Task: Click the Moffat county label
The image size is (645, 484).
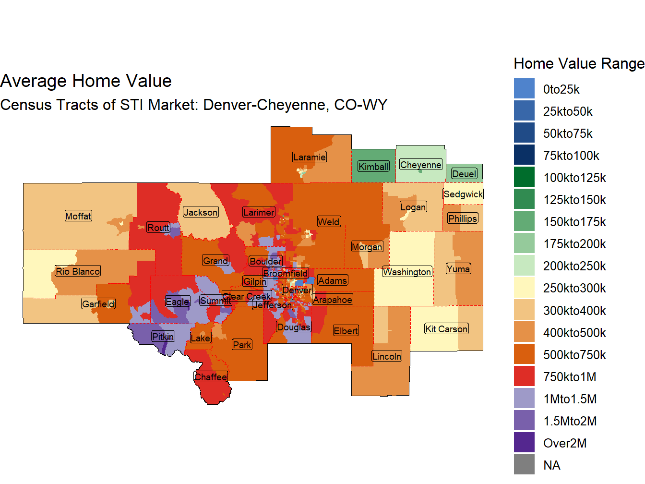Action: point(78,216)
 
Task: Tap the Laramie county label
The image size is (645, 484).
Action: point(310,157)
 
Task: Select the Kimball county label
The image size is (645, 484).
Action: point(373,167)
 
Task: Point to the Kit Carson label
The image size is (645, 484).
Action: point(446,329)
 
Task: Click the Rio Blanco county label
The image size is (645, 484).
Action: point(78,271)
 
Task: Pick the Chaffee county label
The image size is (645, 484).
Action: point(211,377)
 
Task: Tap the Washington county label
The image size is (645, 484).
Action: point(407,272)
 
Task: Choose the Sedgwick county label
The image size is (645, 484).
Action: point(463,194)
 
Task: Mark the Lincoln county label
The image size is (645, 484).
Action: point(387,356)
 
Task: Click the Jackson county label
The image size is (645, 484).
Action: point(201,212)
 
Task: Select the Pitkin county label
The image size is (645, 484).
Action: point(163,337)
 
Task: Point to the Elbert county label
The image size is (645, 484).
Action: point(346,331)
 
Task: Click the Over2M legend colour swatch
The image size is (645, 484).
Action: point(524,443)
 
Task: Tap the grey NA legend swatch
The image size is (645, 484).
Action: point(524,465)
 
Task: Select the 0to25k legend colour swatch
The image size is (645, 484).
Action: point(524,89)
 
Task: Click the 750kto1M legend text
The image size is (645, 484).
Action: point(570,377)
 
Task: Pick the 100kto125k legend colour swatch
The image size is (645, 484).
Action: point(524,177)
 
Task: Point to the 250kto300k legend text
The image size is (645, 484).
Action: point(574,288)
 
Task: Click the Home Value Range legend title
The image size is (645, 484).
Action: point(579,63)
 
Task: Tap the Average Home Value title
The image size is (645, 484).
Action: point(86,81)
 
